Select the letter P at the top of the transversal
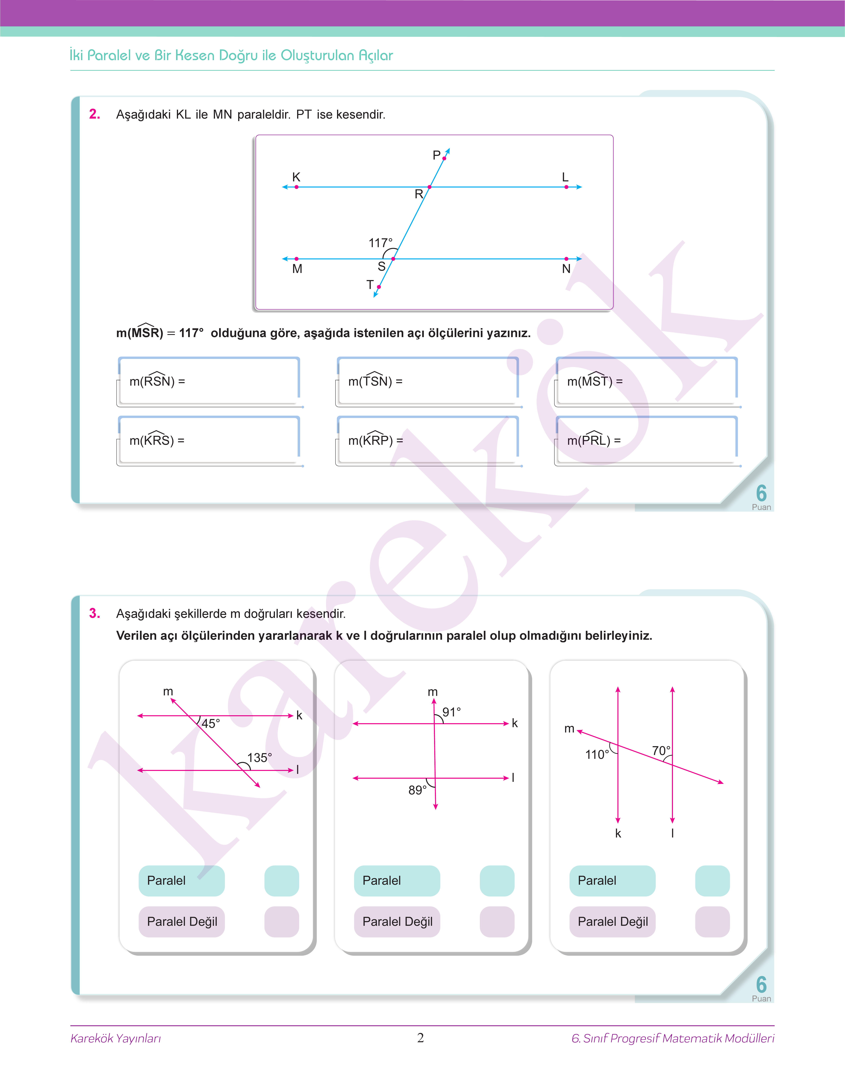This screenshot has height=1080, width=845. (436, 155)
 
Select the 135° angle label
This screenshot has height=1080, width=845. (259, 757)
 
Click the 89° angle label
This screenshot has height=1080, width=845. (417, 790)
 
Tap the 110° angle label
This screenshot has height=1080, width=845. (597, 755)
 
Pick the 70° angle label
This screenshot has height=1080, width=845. (661, 751)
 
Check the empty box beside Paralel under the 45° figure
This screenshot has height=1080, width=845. (282, 881)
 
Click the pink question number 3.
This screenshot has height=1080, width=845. (95, 614)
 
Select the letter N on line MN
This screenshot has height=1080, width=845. (566, 269)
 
